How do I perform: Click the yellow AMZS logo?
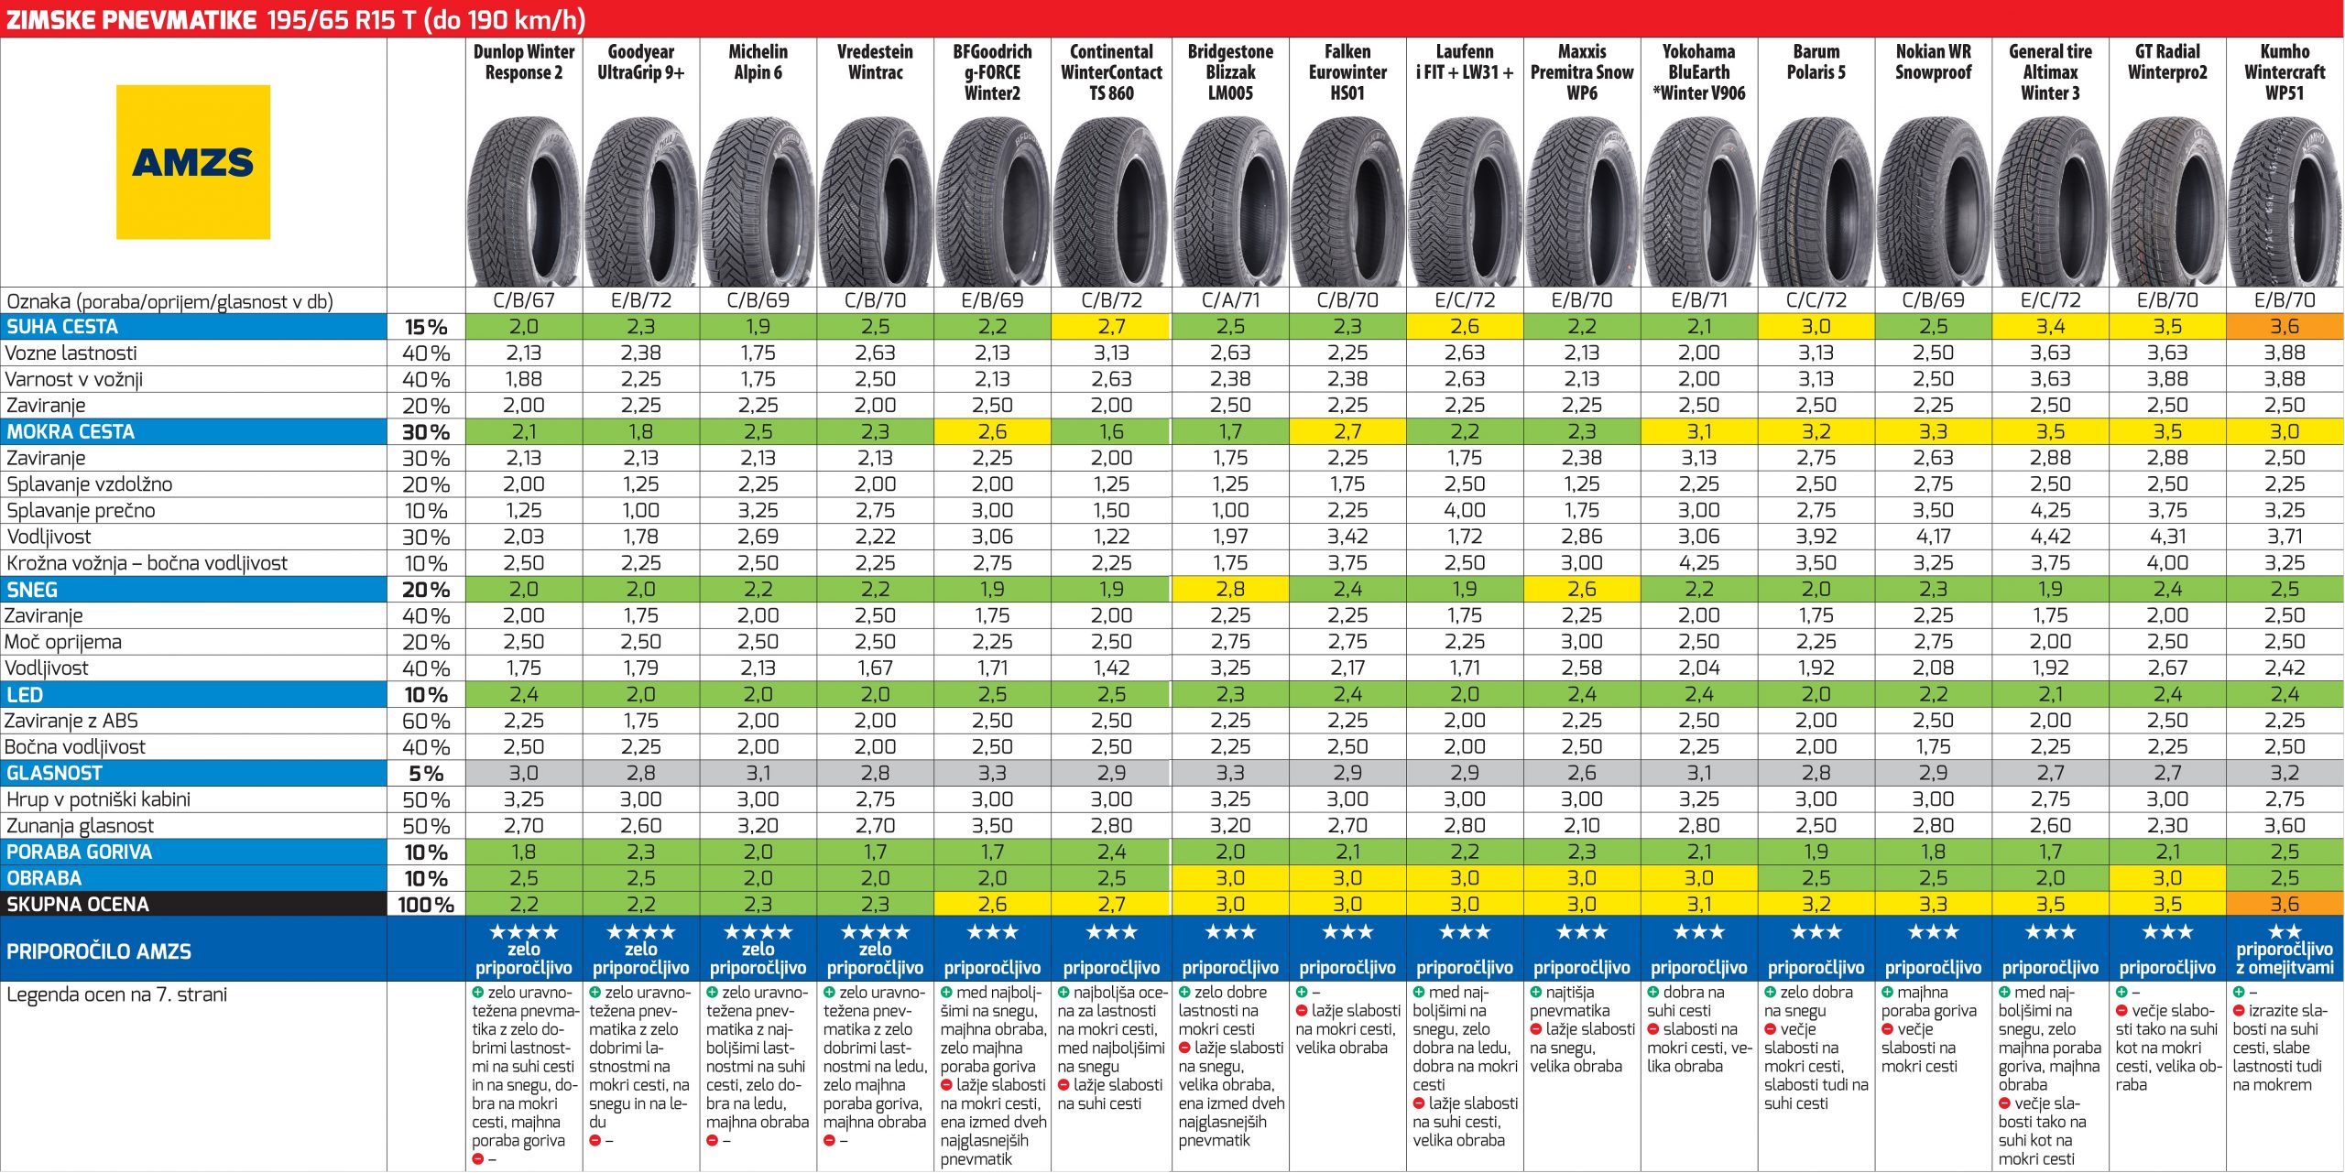pos(193,162)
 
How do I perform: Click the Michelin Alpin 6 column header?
pos(758,62)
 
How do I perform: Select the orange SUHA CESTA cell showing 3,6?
pos(2285,327)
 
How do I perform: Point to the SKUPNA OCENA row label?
pos(78,905)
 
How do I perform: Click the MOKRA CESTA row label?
pos(71,432)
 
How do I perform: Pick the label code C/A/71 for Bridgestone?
pos(1230,300)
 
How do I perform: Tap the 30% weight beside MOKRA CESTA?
pos(426,432)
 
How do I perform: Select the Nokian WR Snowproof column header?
pos(1933,62)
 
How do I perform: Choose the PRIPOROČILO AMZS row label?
pos(99,951)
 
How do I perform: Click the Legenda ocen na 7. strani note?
pos(116,994)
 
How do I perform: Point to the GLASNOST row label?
pos(55,774)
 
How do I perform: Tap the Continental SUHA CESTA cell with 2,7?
pos(1111,327)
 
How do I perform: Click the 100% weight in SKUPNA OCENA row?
pos(426,905)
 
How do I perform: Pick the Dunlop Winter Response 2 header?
pos(523,62)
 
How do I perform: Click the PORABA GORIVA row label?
pos(80,853)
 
